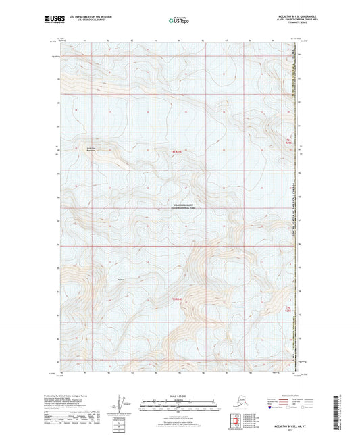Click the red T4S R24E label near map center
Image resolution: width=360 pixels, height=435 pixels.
(x=176, y=152)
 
